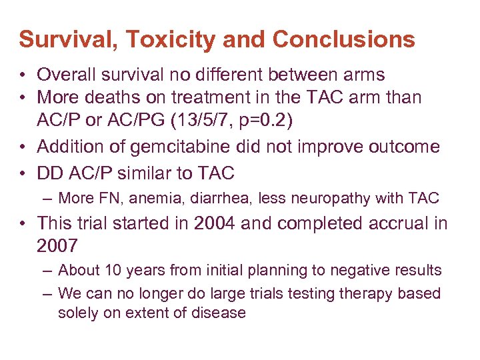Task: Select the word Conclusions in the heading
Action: click(x=343, y=39)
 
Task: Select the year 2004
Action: click(x=215, y=223)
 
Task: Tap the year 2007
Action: click(x=57, y=245)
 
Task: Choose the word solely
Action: click(x=77, y=313)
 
